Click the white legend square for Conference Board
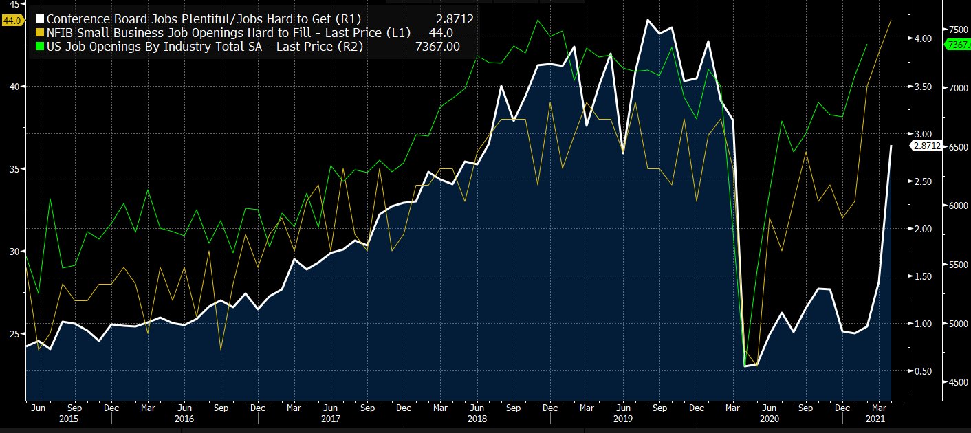[x=40, y=19]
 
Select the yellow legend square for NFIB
[x=40, y=32]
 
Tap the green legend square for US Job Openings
[x=40, y=46]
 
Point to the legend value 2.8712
[x=454, y=19]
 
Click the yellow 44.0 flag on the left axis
[x=12, y=21]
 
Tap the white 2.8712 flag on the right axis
[x=926, y=146]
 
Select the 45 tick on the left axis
[x=14, y=3]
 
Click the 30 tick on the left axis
[x=14, y=252]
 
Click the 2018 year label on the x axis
[x=477, y=418]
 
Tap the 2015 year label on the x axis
[x=69, y=418]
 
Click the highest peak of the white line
[x=647, y=20]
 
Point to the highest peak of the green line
[x=537, y=20]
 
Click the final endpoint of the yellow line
[x=891, y=21]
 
